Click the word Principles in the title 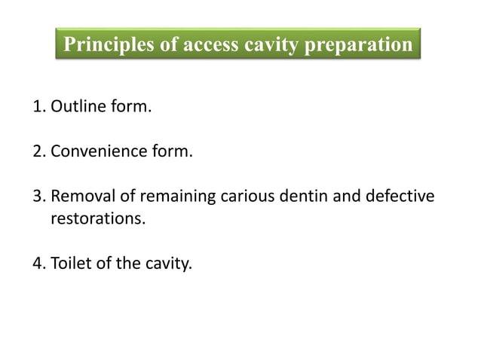109,44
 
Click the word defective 400,197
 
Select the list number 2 38,151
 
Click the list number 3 38,197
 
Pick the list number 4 38,264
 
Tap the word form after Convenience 172,151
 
